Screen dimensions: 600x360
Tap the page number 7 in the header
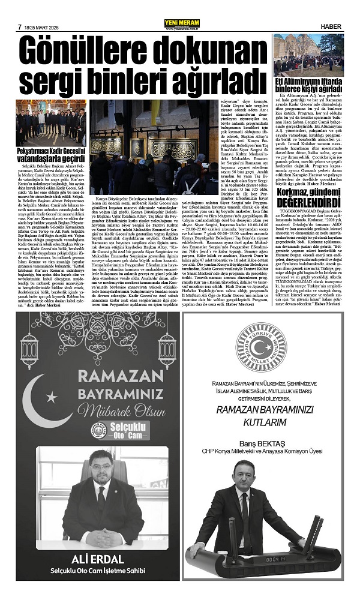(20, 26)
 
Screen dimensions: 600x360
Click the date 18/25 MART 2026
(44, 26)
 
